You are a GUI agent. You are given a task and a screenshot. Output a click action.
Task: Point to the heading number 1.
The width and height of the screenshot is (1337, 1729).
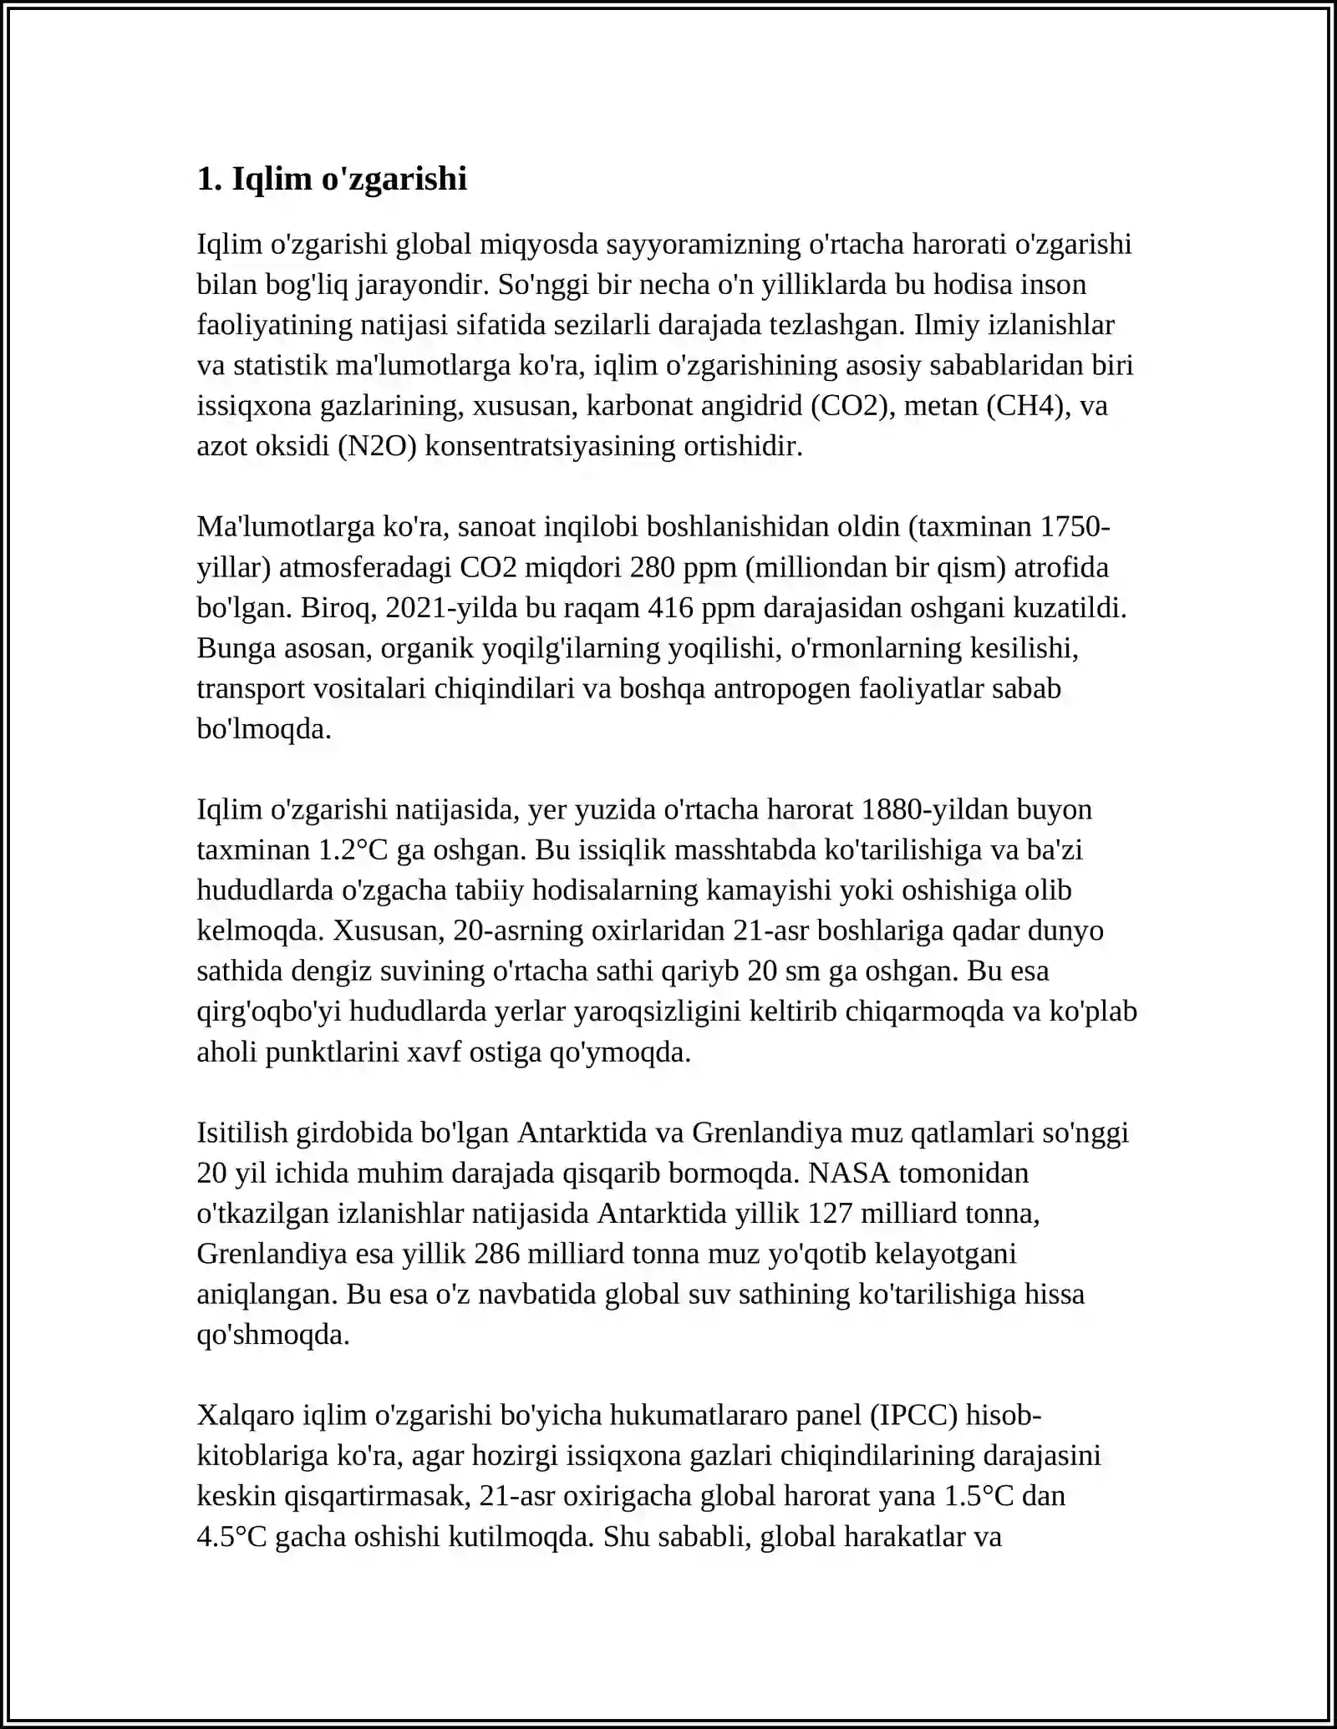tap(209, 179)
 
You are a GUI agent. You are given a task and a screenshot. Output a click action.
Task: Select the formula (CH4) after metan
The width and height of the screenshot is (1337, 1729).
tap(1029, 406)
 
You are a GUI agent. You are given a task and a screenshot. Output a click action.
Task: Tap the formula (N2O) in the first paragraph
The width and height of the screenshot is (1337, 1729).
tap(377, 446)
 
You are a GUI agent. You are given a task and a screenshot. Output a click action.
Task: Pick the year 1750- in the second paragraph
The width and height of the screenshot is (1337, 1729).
tap(1075, 527)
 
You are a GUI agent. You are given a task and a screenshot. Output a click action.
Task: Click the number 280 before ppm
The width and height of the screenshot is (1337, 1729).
tap(653, 568)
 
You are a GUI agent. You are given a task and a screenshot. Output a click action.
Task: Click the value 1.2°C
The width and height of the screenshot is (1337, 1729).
tap(354, 850)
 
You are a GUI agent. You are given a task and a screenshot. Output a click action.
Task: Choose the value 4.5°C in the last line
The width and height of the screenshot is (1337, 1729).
tap(231, 1537)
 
